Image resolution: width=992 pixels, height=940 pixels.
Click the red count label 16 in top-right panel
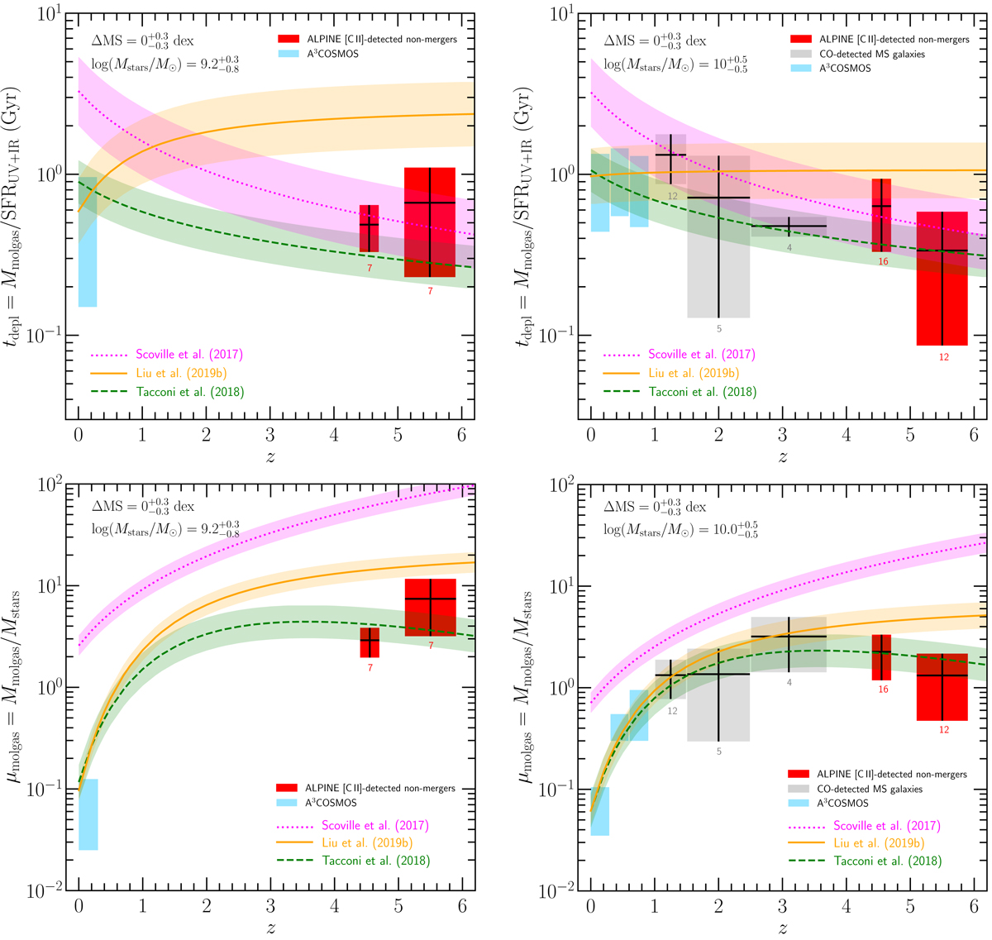pyautogui.click(x=883, y=261)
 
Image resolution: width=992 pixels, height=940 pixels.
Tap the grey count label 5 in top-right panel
pyautogui.click(x=718, y=329)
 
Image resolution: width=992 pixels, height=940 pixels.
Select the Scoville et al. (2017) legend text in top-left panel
pyautogui.click(x=190, y=355)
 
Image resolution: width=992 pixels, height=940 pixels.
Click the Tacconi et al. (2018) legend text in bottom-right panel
pyautogui.click(x=887, y=861)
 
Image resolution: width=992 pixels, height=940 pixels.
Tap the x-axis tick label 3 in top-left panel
pyautogui.click(x=270, y=434)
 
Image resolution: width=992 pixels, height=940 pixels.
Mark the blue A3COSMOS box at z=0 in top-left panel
pyautogui.click(x=87, y=241)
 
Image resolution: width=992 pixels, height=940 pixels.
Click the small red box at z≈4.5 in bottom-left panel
pyautogui.click(x=370, y=642)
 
